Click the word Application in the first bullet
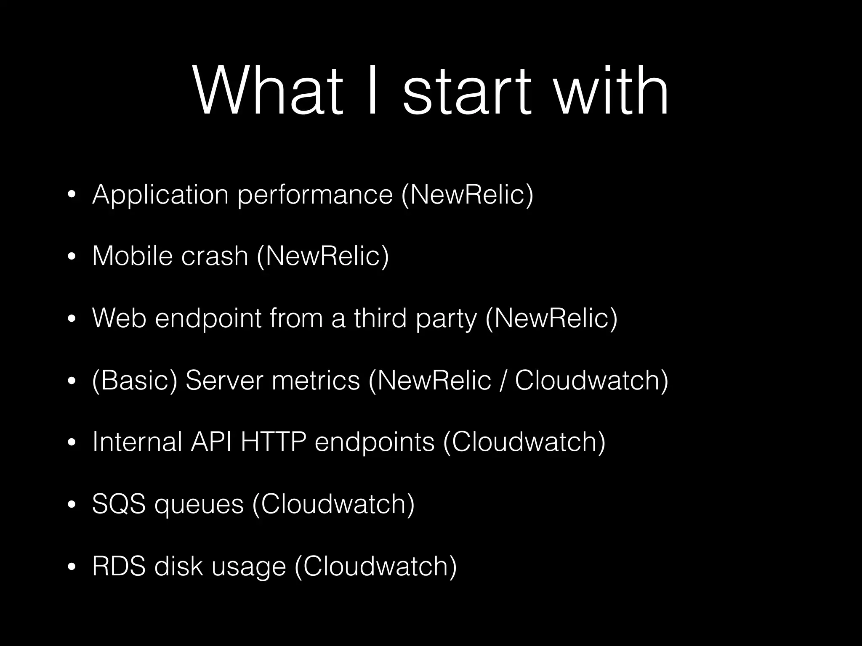pos(160,195)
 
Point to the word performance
pos(315,195)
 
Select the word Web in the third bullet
pos(119,318)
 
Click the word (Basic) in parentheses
pos(134,381)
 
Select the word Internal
pos(137,442)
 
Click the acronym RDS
pos(119,566)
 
